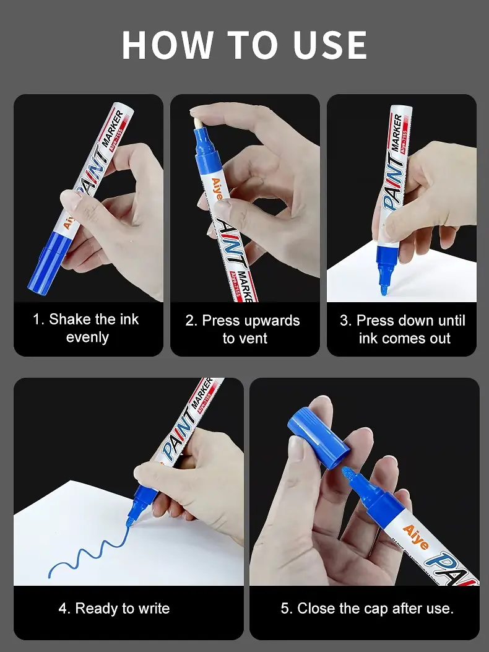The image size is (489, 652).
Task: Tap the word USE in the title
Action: click(x=331, y=45)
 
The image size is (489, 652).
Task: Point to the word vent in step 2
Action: click(x=251, y=339)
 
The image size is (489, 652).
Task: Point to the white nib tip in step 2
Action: click(x=198, y=121)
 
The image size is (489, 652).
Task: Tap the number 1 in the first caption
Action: click(x=37, y=319)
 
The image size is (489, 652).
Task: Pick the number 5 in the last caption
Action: click(x=284, y=609)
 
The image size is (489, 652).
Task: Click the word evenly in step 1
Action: click(x=87, y=337)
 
